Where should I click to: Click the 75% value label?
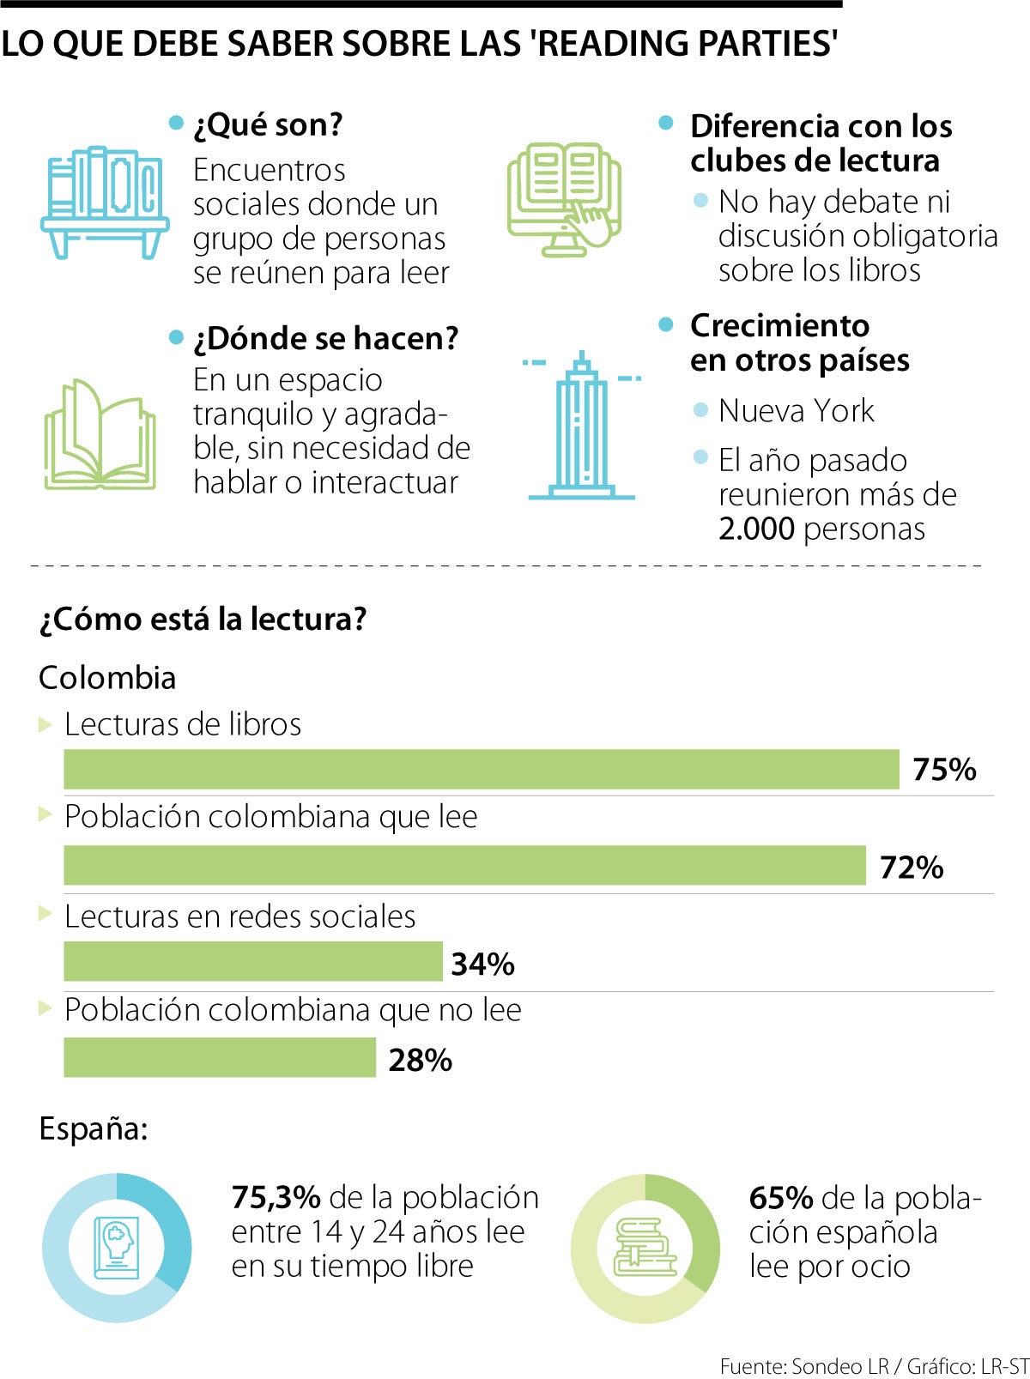click(944, 770)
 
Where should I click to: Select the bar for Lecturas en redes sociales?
click(252, 961)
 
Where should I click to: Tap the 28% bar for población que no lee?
click(219, 1057)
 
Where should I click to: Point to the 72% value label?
click(911, 868)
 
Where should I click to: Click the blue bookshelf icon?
click(105, 203)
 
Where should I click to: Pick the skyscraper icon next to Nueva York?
click(581, 426)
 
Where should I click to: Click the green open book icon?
click(100, 435)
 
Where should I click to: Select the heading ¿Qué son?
click(268, 125)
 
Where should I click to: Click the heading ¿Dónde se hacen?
click(326, 339)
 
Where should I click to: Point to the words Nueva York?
click(796, 411)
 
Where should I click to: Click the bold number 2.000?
click(756, 529)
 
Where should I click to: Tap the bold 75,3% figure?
click(276, 1197)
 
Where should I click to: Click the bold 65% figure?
click(780, 1197)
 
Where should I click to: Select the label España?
click(94, 1128)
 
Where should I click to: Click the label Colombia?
click(107, 678)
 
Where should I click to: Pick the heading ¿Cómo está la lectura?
click(203, 619)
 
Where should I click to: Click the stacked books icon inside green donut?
click(645, 1248)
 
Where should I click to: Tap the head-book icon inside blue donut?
click(117, 1248)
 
